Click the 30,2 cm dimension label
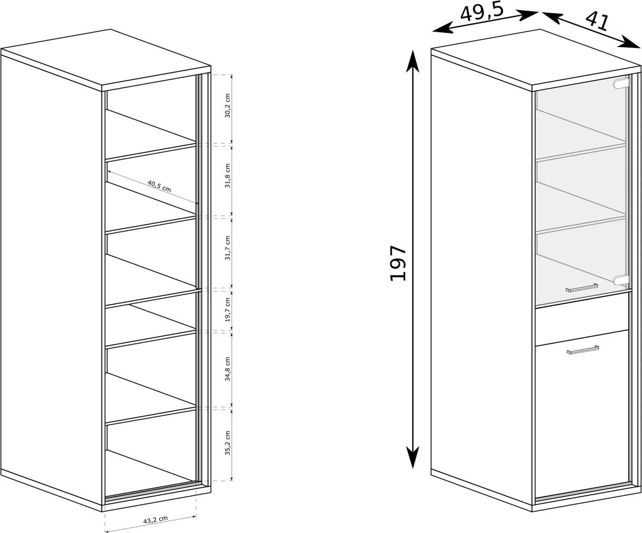[228, 105]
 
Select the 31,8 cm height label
[228, 176]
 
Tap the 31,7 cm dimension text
[228, 248]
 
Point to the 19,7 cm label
[228, 310]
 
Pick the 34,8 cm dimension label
[228, 369]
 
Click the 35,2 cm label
[228, 443]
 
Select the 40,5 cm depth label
[159, 186]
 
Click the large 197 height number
[398, 263]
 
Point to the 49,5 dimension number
[481, 13]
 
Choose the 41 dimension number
[597, 21]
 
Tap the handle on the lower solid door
[582, 351]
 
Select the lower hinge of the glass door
[621, 279]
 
